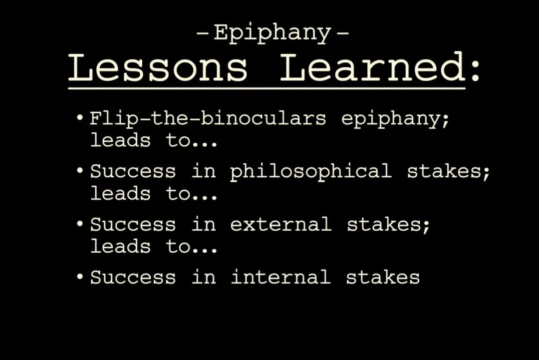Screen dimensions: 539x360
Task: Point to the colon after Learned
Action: tap(476, 71)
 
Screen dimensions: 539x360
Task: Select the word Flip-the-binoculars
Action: tap(208, 118)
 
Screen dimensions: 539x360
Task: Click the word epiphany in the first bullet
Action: tap(395, 120)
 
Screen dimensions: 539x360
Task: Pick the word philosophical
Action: tap(310, 172)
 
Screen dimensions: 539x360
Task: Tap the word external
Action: tap(280, 225)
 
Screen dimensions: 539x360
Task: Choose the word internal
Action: tap(280, 277)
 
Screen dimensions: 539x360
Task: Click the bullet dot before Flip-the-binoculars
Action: tap(80, 118)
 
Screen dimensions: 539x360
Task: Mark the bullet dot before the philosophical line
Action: tap(80, 171)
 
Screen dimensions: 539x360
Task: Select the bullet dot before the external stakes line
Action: tap(80, 224)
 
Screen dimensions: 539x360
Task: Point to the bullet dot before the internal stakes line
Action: tap(80, 277)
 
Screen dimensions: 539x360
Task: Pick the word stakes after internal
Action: tap(383, 277)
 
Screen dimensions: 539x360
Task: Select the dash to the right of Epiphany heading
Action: tap(343, 33)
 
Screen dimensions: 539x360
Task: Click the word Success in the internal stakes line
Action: tap(133, 277)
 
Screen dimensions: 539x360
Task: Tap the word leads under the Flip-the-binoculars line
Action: tap(120, 140)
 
